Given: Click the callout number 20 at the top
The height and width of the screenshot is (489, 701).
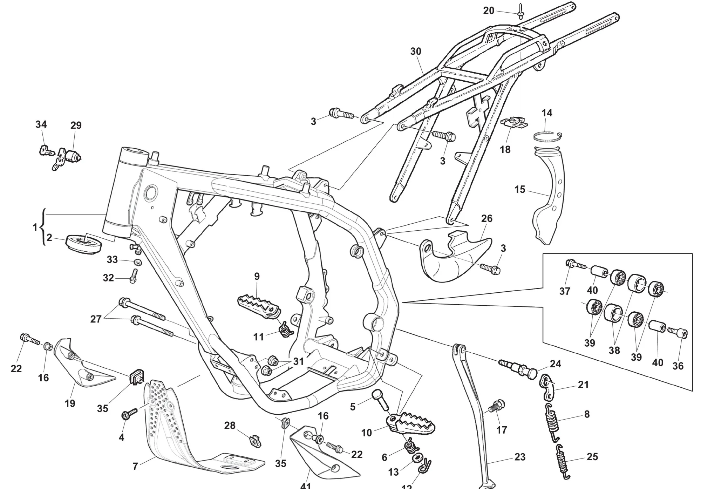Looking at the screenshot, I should tap(489, 11).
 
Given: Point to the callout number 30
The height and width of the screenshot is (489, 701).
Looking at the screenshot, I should tap(416, 51).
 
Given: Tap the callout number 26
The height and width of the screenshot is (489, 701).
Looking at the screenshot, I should tap(487, 218).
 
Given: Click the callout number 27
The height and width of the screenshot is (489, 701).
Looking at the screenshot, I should tap(96, 319).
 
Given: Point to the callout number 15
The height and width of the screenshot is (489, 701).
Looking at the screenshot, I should tap(520, 189).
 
